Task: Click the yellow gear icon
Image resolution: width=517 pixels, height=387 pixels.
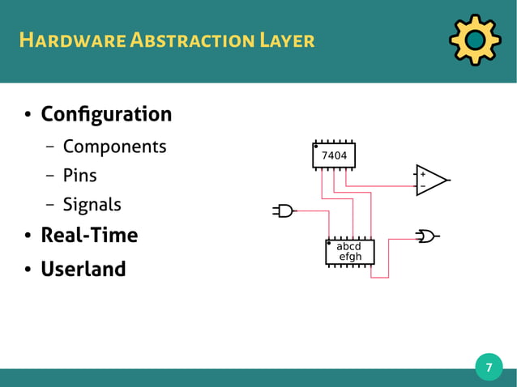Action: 474,40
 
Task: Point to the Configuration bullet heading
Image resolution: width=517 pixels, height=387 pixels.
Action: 106,114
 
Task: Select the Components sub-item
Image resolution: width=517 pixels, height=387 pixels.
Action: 114,147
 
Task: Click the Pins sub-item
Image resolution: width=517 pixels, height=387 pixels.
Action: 79,175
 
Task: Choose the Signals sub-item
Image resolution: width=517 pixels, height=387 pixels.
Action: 92,204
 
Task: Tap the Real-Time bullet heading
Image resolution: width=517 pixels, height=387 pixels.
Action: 89,236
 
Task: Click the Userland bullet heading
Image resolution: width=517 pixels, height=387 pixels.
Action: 83,268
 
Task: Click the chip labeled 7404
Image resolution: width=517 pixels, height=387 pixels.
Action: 334,155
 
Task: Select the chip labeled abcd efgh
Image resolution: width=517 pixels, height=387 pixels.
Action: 349,253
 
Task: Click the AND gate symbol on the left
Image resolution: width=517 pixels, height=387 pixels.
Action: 284,211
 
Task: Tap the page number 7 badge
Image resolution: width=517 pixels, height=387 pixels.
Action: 489,368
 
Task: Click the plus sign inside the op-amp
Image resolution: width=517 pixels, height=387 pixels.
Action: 422,174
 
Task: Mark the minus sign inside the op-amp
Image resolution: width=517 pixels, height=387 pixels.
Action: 422,187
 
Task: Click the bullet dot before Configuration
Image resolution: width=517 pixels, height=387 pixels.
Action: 26,116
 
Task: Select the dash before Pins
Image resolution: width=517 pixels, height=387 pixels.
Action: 50,176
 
